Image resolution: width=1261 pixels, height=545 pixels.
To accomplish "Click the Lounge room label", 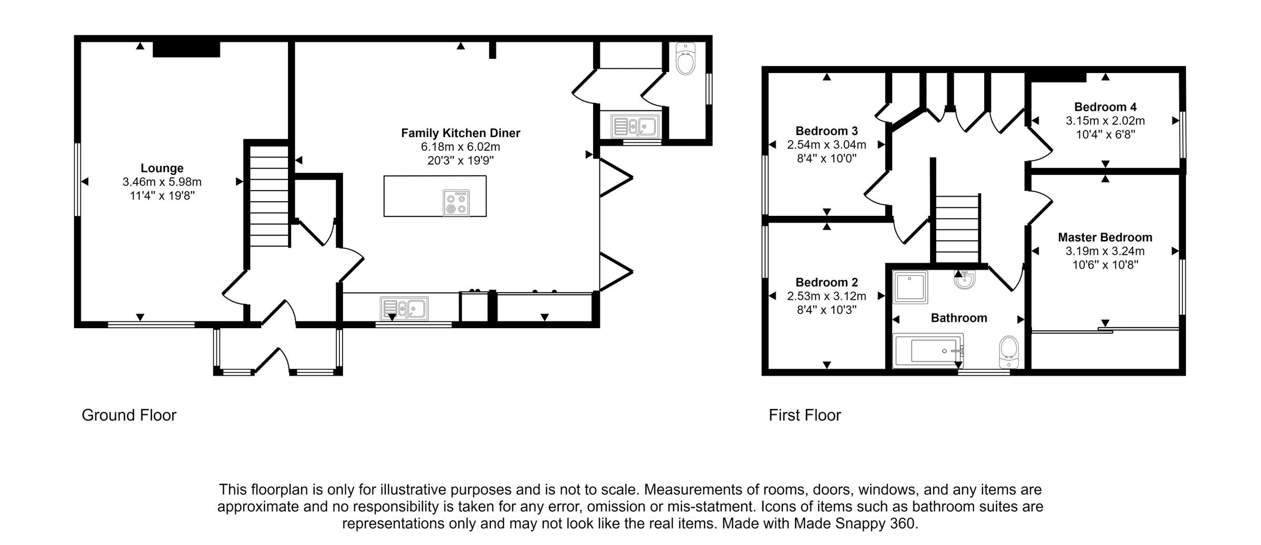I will click(x=162, y=168).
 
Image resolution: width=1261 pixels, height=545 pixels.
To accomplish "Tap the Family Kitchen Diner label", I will click(x=460, y=133).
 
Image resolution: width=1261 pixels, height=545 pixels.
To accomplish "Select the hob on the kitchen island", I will click(x=456, y=203).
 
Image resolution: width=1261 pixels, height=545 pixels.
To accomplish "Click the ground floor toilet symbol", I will click(x=685, y=59).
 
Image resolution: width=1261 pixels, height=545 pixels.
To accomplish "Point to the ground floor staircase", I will click(x=269, y=196).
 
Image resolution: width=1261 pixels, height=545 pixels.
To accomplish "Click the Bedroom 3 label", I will click(x=826, y=131).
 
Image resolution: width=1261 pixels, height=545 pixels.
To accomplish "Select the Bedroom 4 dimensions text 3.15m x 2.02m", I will click(x=1105, y=121).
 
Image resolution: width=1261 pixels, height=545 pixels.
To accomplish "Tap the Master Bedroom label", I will click(x=1105, y=237).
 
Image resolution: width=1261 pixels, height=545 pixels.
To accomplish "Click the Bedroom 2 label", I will click(x=826, y=282).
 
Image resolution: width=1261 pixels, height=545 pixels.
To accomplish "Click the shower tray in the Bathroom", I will click(x=910, y=287).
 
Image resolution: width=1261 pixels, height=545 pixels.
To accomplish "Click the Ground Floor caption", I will click(x=129, y=415).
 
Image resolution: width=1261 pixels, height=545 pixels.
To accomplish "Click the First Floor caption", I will click(x=804, y=415).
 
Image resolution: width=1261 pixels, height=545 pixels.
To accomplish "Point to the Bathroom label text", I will click(x=958, y=318).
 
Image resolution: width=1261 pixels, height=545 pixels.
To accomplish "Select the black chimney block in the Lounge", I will click(x=186, y=49).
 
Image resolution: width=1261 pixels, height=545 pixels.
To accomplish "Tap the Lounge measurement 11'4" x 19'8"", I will click(x=162, y=196).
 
